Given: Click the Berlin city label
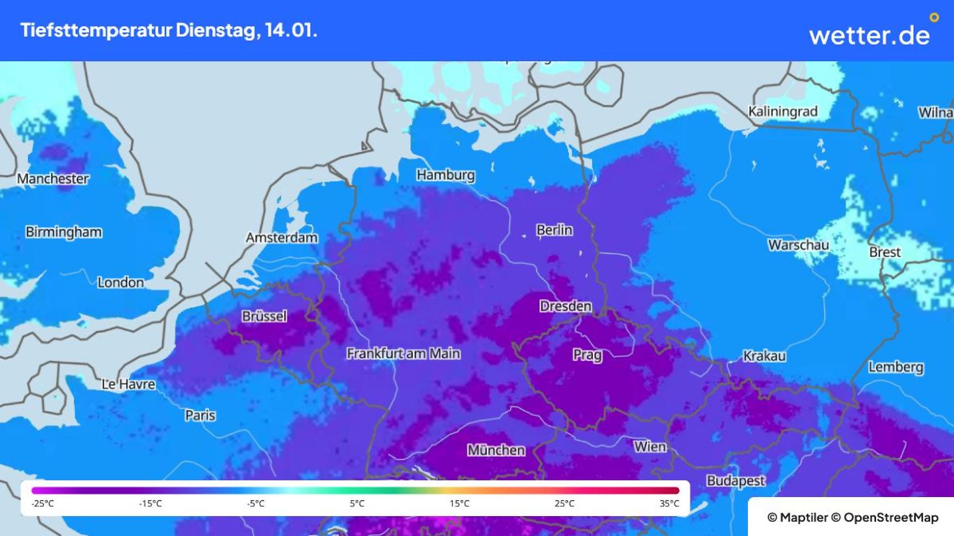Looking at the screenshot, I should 554,230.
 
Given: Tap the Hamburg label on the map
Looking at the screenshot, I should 445,175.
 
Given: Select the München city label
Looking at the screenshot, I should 496,450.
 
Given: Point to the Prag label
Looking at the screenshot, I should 587,355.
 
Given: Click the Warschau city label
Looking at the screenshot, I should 798,245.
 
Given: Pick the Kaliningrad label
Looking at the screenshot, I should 783,112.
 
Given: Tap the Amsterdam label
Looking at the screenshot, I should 281,238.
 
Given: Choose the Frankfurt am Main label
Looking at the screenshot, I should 403,354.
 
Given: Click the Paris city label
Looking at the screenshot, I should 200,415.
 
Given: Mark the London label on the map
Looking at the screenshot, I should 120,282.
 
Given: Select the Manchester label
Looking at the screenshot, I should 53,179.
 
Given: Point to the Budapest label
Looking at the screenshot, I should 735,481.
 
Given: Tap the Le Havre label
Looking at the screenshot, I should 128,384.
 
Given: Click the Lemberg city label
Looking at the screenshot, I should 895,367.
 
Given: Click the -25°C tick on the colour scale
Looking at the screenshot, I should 42,503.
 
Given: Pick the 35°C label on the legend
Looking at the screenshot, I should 669,503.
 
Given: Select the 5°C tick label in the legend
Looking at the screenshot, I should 357,503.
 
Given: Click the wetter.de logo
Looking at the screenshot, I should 870,35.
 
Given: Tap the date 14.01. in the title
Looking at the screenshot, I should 291,30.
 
